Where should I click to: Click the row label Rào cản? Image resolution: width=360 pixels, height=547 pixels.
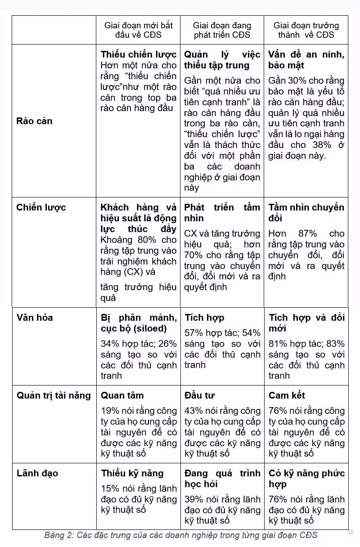pyautogui.click(x=34, y=121)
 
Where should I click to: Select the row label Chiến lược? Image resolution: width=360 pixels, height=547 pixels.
pyautogui.click(x=41, y=207)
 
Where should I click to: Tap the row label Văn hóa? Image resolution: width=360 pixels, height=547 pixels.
pyautogui.click(x=35, y=318)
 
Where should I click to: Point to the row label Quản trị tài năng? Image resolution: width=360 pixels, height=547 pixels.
pyautogui.click(x=54, y=395)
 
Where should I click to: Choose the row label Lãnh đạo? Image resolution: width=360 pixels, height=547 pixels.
pyautogui.click(x=37, y=473)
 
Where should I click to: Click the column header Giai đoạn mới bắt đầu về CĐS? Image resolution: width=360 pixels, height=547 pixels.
pyautogui.click(x=138, y=30)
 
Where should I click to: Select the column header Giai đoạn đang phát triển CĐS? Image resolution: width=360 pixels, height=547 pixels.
pyautogui.click(x=222, y=30)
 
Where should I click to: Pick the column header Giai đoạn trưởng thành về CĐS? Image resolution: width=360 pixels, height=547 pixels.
pyautogui.click(x=306, y=30)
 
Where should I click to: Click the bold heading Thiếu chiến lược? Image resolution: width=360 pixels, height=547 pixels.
pyautogui.click(x=139, y=54)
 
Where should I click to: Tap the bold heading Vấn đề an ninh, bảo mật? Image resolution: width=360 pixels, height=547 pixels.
pyautogui.click(x=306, y=60)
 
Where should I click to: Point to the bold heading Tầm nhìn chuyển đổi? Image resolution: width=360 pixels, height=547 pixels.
pyautogui.click(x=306, y=213)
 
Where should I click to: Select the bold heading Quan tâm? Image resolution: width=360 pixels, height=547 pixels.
pyautogui.click(x=122, y=395)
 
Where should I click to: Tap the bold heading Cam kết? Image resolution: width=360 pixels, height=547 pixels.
pyautogui.click(x=287, y=395)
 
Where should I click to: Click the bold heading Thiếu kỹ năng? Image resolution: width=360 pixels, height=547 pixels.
pyautogui.click(x=132, y=473)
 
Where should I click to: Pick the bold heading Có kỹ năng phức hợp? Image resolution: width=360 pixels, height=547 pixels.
pyautogui.click(x=306, y=479)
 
